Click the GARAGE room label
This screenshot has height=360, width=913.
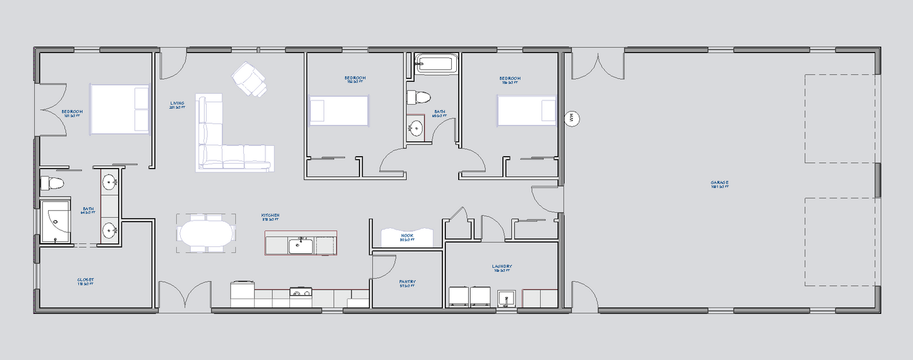(720, 184)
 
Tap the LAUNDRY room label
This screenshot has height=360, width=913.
(502, 267)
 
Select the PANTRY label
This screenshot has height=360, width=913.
(408, 282)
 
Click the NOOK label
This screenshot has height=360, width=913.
(407, 237)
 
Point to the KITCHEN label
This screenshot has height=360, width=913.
(270, 216)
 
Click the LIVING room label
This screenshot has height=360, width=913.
(177, 104)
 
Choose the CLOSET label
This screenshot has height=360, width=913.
(86, 280)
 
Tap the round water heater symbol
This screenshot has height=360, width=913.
(571, 117)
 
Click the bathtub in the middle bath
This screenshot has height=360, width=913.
(435, 64)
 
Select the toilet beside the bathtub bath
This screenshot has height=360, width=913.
(419, 97)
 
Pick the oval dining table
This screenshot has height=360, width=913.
(206, 232)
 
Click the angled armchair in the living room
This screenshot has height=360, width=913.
(250, 80)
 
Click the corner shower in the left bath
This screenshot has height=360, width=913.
(56, 221)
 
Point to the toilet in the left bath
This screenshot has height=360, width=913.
(52, 184)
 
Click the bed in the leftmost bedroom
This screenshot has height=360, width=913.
(120, 109)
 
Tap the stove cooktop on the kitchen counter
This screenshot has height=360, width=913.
(300, 292)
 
